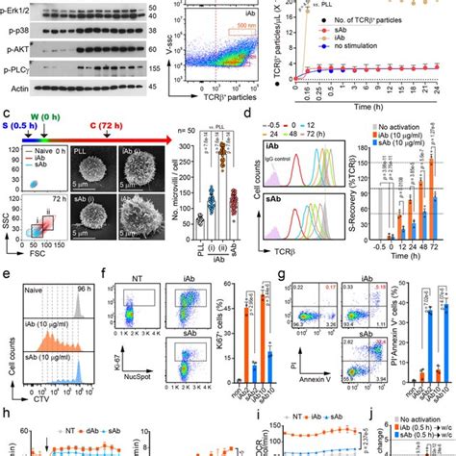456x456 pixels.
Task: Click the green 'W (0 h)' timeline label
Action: click(x=46, y=120)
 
